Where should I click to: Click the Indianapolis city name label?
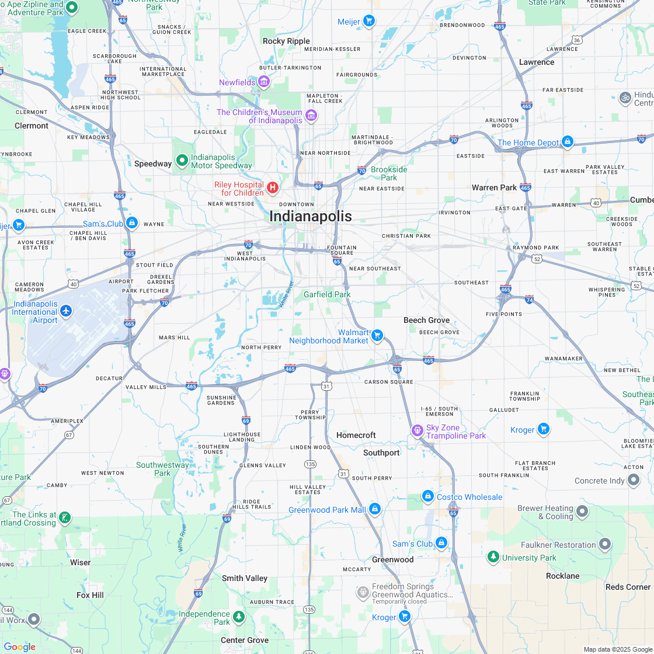(x=311, y=217)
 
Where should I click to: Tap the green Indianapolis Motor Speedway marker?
(x=182, y=159)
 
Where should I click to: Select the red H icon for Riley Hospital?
(x=272, y=187)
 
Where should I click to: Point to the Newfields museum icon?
(x=264, y=82)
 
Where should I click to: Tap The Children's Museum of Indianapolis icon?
(x=311, y=116)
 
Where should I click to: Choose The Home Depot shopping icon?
(x=567, y=141)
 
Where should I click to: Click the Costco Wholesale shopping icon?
(x=427, y=496)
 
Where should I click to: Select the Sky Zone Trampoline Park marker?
(x=417, y=431)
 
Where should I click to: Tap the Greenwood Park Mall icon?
(x=375, y=509)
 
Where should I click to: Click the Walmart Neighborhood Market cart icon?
(x=377, y=335)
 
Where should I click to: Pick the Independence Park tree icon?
(x=239, y=617)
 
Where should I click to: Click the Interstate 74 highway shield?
(x=529, y=298)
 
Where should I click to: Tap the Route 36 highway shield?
(x=577, y=40)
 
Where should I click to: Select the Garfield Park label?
(x=327, y=294)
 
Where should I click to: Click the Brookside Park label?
(x=389, y=173)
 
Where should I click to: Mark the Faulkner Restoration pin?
(x=605, y=544)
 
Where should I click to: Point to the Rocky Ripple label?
(x=286, y=41)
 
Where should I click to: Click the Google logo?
(x=19, y=646)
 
